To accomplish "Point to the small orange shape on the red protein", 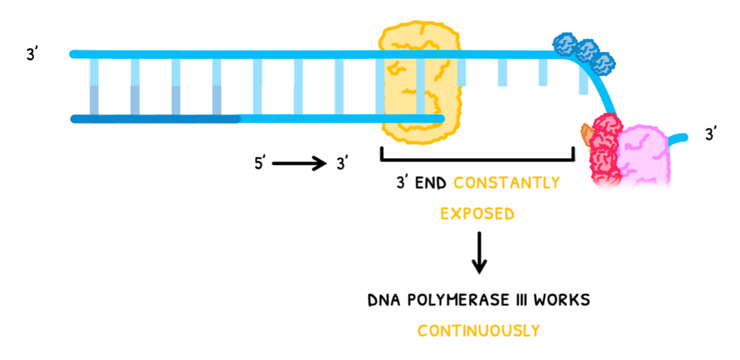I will (586, 134).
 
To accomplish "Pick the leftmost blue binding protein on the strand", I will (566, 45).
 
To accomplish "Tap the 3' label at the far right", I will (712, 135).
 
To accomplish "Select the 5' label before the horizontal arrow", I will (260, 164).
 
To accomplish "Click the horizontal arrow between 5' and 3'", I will (299, 164).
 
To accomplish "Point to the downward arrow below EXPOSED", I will (478, 252).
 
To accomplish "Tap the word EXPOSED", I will (477, 214).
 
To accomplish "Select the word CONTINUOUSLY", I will (478, 331).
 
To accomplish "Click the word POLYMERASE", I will (457, 300).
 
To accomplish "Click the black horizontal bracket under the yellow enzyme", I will (477, 158).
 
